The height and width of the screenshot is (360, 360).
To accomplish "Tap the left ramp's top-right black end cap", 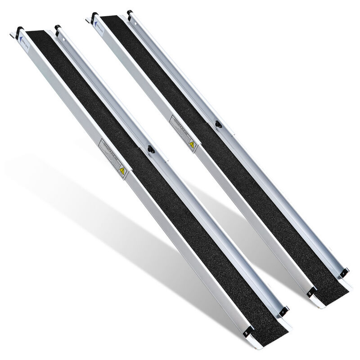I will coord(57,28).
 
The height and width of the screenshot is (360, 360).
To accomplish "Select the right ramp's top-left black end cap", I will coord(94,17).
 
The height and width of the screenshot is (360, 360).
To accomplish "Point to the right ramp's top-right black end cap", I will coord(130,13).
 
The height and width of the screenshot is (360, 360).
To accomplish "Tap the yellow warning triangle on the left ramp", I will coord(121,171).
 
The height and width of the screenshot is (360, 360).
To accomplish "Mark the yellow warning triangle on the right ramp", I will coord(192,145).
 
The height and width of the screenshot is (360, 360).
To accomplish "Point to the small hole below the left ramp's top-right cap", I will coord(64,39).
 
